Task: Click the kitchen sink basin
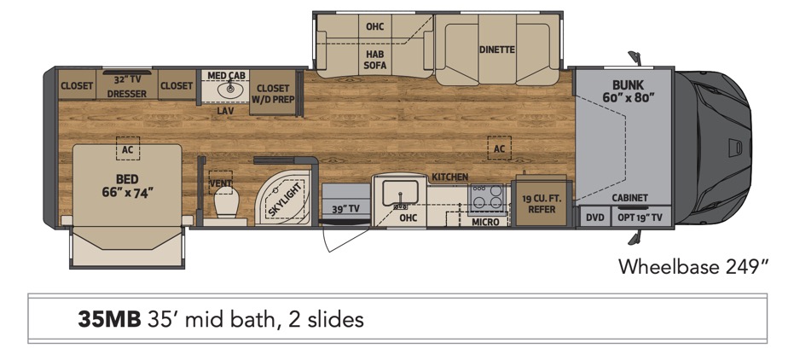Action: (399, 194)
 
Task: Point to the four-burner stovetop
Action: (487, 197)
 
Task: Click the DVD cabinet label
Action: (595, 218)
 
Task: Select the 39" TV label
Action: (346, 209)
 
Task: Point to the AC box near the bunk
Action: (499, 148)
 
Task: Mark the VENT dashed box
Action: (220, 183)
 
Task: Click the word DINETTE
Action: (496, 49)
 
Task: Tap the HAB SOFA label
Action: (375, 59)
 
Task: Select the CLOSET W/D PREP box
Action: (273, 93)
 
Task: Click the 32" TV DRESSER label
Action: (126, 86)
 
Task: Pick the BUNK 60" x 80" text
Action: (625, 90)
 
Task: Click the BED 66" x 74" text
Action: (127, 186)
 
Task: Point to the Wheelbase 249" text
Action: (693, 266)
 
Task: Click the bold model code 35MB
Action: (109, 319)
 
